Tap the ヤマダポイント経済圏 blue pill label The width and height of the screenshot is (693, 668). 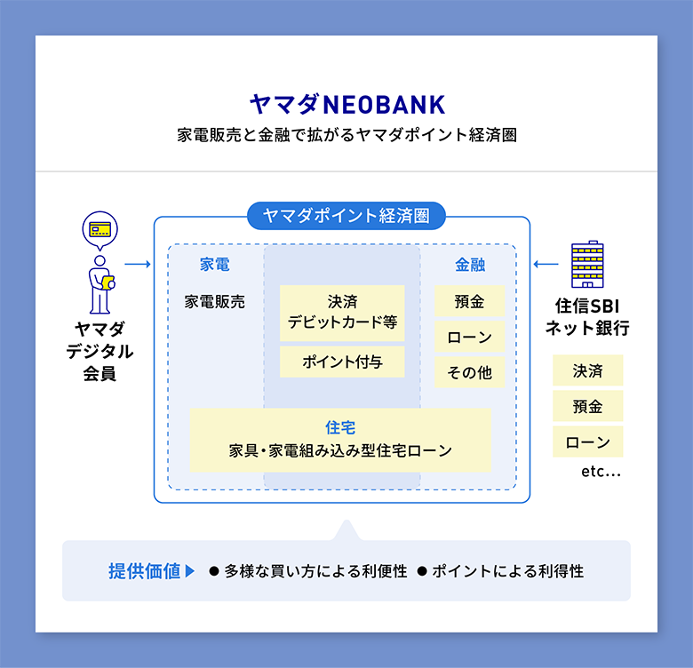click(346, 216)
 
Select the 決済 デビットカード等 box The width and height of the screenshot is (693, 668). click(342, 312)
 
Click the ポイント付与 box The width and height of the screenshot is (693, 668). click(342, 362)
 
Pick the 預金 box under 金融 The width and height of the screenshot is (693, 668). click(469, 301)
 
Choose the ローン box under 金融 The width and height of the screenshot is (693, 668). click(469, 338)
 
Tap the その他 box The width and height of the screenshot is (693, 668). click(469, 373)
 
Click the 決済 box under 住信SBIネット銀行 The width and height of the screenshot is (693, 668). click(587, 370)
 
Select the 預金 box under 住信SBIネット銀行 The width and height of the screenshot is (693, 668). click(587, 406)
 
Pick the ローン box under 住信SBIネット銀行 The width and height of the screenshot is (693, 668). click(587, 441)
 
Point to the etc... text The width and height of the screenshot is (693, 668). click(601, 472)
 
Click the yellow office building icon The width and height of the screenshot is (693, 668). click(586, 264)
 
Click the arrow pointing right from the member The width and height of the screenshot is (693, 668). click(137, 264)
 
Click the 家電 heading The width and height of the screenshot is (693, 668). click(214, 265)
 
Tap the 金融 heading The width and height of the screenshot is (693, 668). click(470, 265)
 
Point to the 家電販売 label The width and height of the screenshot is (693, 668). click(215, 301)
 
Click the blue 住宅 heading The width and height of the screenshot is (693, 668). click(340, 427)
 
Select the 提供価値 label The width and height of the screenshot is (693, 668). click(145, 571)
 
